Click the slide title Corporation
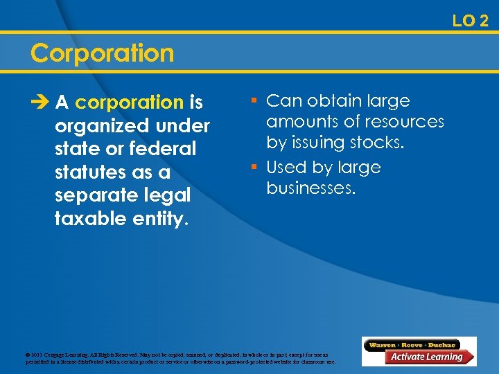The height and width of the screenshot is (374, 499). pyautogui.click(x=103, y=53)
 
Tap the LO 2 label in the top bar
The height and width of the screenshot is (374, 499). pyautogui.click(x=471, y=21)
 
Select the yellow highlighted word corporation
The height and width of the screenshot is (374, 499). pyautogui.click(x=129, y=103)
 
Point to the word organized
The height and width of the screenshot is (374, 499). pyautogui.click(x=101, y=127)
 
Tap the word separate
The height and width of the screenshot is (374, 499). pyautogui.click(x=95, y=195)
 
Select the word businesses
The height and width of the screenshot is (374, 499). pyautogui.click(x=310, y=188)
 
